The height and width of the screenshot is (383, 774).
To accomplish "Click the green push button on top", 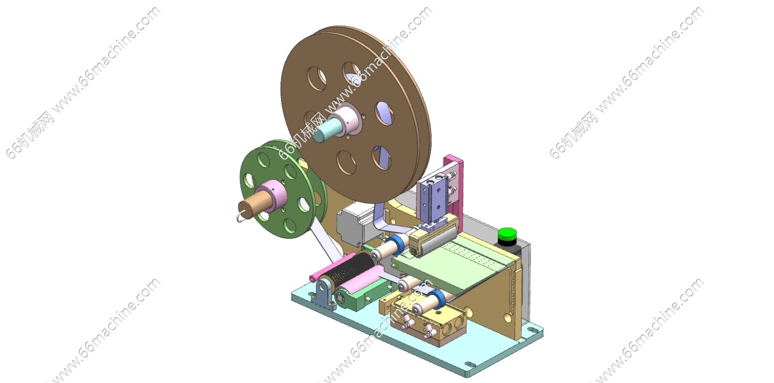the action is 507,234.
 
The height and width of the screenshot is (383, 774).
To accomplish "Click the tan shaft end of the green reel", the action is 250,207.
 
